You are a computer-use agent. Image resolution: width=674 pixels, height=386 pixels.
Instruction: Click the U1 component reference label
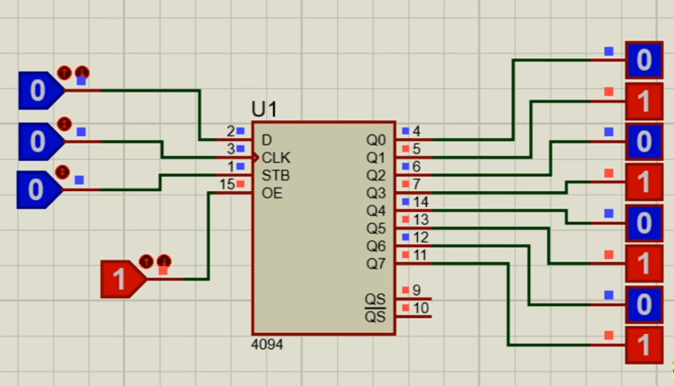[x=265, y=110]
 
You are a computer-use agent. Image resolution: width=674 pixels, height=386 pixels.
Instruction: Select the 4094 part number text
[x=267, y=344]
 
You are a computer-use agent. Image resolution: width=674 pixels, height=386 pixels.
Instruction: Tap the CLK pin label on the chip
[x=276, y=157]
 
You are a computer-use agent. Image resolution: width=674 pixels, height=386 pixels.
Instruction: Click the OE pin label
[x=271, y=192]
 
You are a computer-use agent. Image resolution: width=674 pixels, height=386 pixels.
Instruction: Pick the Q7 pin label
[x=376, y=263]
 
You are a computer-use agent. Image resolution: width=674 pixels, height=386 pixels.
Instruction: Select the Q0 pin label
[x=376, y=140]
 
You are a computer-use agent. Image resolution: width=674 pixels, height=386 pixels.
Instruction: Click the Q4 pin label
[x=376, y=210]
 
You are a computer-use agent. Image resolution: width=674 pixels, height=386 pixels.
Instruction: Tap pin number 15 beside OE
[x=227, y=184]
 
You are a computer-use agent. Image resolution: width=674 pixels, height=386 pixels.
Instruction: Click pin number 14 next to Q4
[x=421, y=201]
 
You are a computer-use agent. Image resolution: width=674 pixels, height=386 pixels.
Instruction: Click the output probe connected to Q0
[x=643, y=60]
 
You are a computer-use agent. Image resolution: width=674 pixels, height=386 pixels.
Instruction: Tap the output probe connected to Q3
[x=643, y=182]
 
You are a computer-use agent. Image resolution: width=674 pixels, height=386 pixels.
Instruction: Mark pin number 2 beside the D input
[x=231, y=131]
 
